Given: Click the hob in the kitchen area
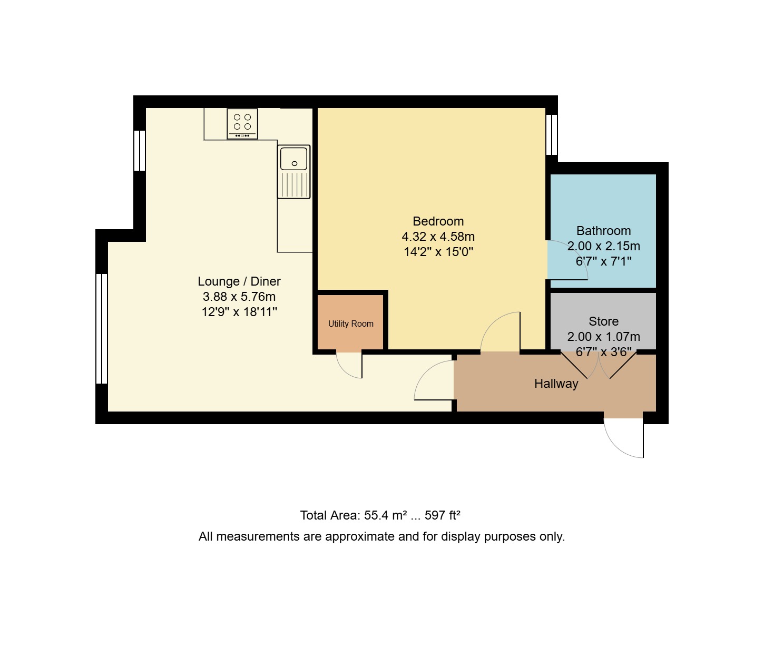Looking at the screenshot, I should point(242,124).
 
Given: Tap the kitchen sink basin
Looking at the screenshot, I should point(294,158).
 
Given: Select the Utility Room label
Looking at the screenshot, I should point(351,324).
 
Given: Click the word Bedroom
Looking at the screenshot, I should point(438,221).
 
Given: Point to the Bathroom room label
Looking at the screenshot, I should point(603,231).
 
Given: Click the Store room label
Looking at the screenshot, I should point(603,321).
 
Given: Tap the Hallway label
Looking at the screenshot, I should point(556,384).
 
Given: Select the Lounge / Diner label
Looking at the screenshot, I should point(239,281).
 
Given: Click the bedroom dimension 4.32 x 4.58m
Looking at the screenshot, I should point(438,237).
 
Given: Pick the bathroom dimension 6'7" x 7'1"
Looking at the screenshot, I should point(603,261).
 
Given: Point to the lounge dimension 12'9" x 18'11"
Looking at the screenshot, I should point(239,312).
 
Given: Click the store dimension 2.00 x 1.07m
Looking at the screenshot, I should point(603,337).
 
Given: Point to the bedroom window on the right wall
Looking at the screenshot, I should point(552,135).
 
